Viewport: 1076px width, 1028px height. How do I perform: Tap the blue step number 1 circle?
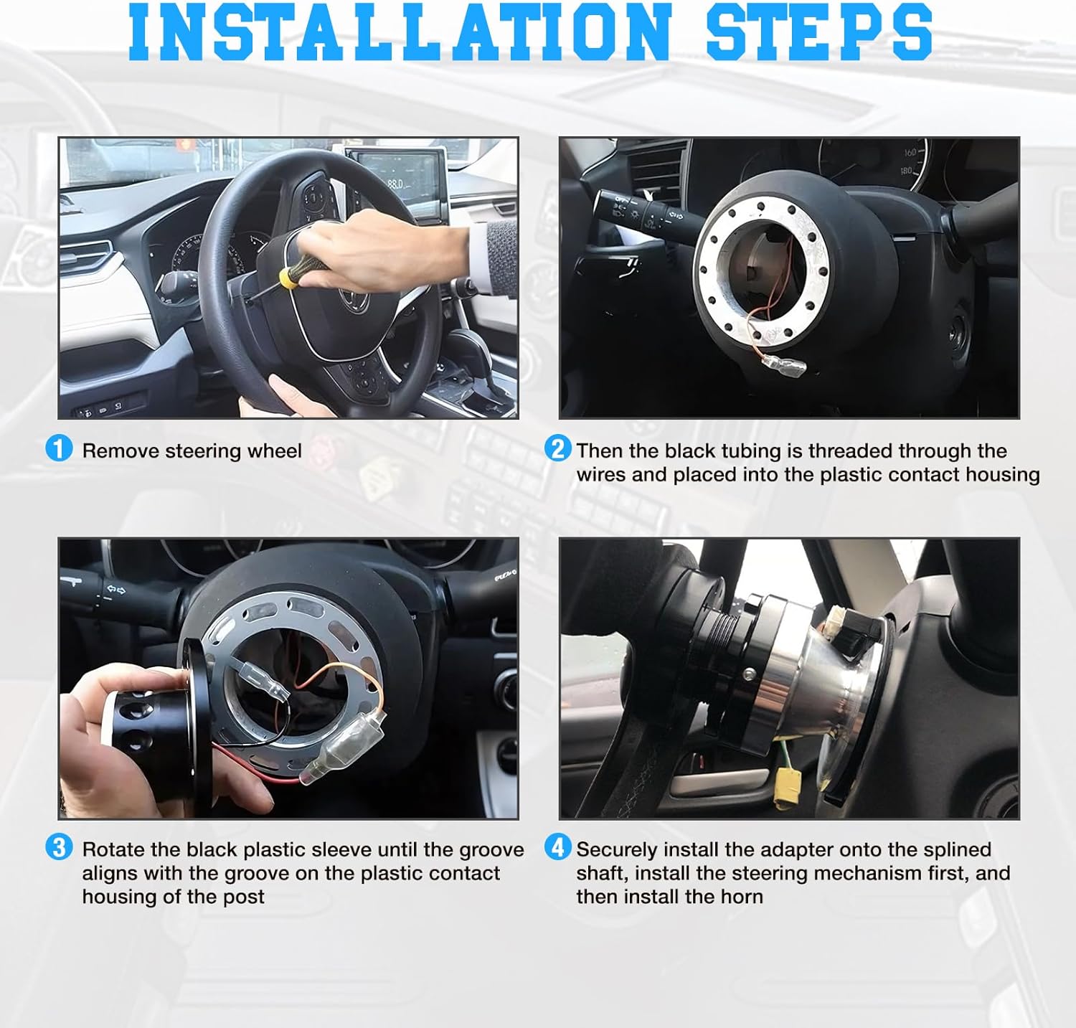[x=59, y=449]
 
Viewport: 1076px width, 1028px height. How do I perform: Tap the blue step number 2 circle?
[x=557, y=449]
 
